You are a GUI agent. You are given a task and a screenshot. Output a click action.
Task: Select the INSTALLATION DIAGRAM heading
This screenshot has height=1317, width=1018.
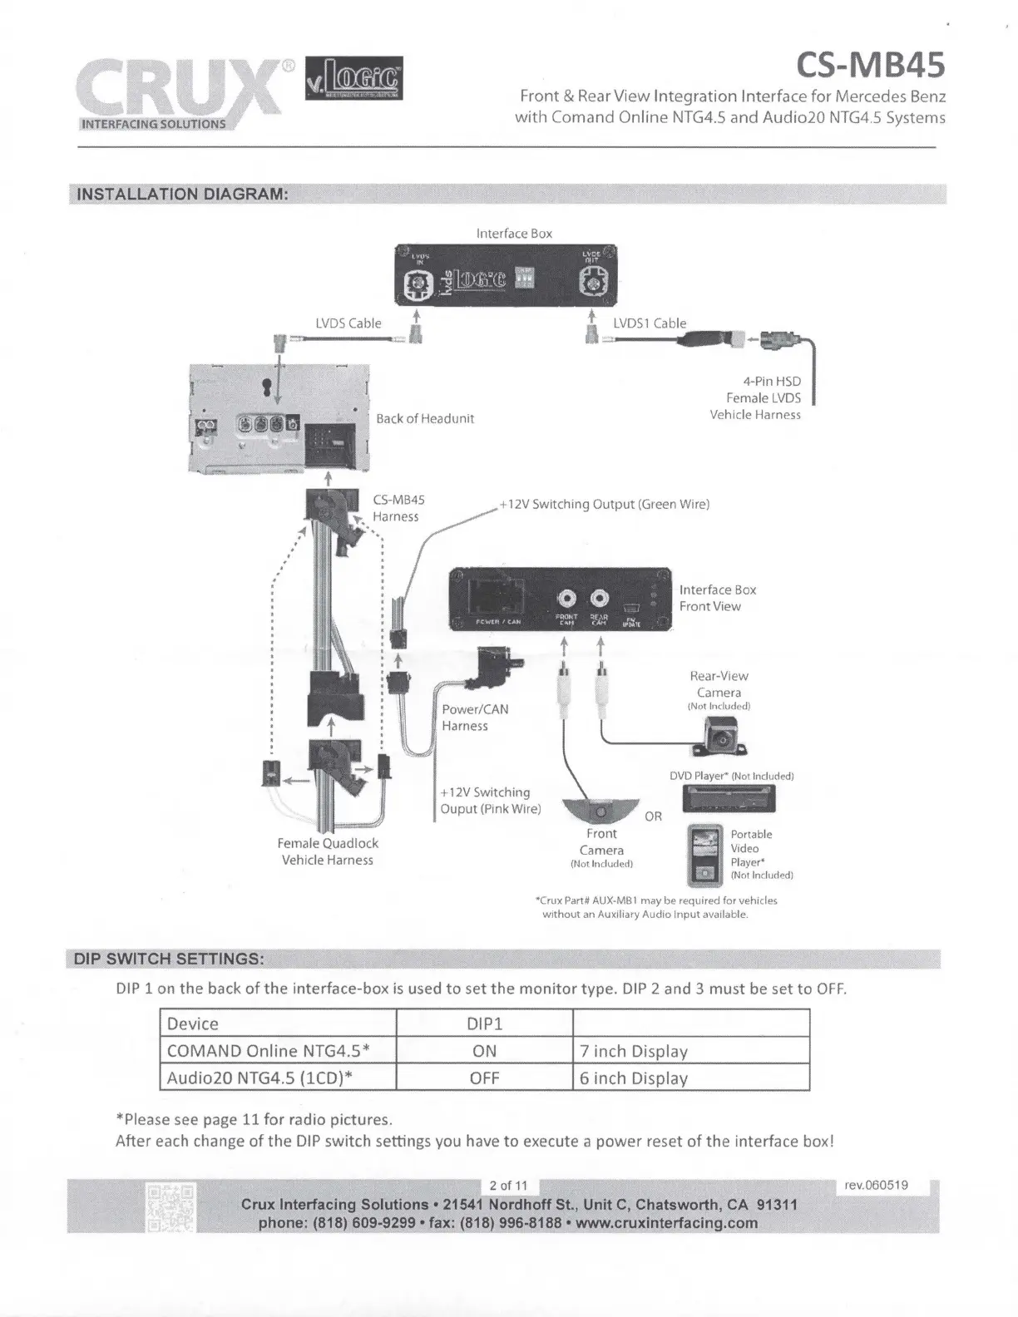(x=182, y=195)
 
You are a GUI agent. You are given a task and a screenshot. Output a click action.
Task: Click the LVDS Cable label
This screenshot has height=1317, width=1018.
(x=348, y=323)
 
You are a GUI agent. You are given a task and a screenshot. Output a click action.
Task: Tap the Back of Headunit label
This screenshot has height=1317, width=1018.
(x=424, y=418)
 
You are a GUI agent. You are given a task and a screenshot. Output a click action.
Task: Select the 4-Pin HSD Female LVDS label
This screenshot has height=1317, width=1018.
(x=763, y=397)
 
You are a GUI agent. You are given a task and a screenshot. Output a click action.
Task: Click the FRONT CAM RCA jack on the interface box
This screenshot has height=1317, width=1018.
(x=567, y=599)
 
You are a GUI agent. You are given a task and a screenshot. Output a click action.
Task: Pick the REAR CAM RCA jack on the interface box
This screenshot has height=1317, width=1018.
(x=600, y=599)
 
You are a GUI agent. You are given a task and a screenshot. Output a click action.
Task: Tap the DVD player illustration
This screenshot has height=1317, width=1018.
(x=729, y=798)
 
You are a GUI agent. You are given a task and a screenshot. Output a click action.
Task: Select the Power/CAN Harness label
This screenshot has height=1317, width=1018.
(x=475, y=718)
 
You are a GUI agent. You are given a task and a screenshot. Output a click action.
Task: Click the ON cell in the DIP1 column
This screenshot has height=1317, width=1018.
(x=484, y=1051)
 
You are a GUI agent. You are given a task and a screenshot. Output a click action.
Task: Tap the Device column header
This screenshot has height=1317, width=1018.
(x=193, y=1024)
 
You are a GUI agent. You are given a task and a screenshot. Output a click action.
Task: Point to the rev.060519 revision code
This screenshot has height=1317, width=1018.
(x=876, y=1185)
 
